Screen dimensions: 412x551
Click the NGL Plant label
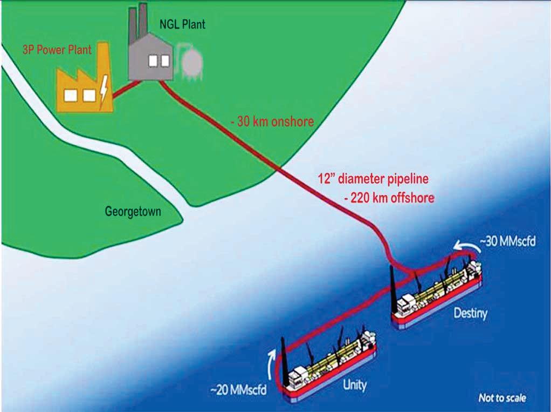[x=183, y=24]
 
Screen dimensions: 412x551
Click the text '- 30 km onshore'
[x=272, y=121]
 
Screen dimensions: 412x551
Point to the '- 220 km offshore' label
[x=389, y=198]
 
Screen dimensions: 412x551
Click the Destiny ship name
[x=469, y=313]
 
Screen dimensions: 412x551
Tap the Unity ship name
[x=354, y=385]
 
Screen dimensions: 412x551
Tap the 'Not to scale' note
[x=502, y=399]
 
